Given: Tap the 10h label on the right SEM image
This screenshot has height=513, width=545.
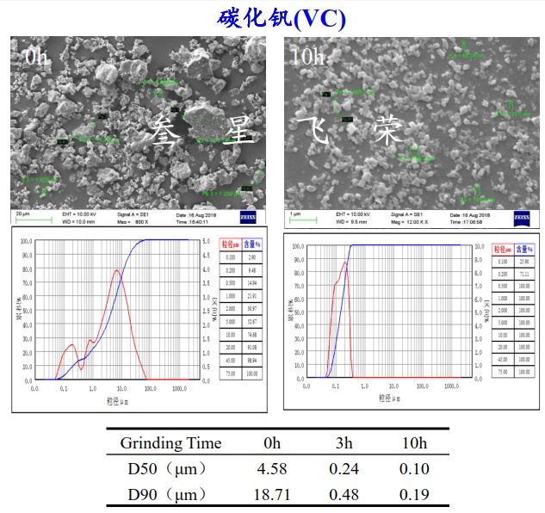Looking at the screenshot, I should pos(307,57).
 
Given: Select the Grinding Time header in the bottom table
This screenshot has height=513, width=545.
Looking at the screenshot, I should pos(170,443).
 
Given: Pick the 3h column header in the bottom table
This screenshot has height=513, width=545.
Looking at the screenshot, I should pos(344,443).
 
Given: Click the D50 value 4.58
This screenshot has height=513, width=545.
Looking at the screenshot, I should pos(272,469).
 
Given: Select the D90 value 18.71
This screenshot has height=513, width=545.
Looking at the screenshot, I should pos(272,495).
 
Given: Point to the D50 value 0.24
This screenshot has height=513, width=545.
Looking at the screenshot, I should pos(344,469).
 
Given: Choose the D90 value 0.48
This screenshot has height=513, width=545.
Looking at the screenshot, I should pos(344,495).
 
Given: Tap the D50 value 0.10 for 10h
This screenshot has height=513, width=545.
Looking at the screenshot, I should pos(414,469).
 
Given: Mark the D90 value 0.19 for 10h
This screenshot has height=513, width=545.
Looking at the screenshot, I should pos(414,495).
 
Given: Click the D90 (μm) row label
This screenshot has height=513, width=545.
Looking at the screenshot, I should pos(164,495).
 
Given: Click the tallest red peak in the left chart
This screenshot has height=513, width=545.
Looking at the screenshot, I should pos(116,270).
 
